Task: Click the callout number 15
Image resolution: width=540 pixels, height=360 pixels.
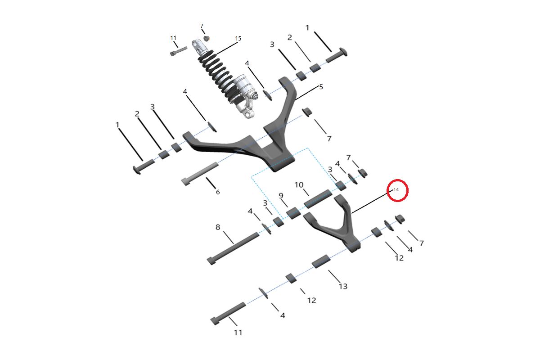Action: point(238,38)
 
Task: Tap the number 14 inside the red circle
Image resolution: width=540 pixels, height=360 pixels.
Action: point(396,190)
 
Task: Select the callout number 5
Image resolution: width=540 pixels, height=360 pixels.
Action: point(321,87)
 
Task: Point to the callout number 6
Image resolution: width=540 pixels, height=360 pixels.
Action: point(218,192)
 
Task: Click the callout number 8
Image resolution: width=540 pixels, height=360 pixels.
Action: point(218,227)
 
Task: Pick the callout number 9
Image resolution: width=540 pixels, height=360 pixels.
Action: point(281,196)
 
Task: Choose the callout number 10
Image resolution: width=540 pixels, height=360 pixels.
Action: point(299,184)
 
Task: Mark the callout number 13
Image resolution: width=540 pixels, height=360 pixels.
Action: point(343,286)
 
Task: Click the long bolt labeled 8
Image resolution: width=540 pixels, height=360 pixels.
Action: point(233,248)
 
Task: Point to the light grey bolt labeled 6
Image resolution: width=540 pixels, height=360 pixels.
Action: point(200,174)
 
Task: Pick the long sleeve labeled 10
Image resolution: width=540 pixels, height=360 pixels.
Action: point(318,199)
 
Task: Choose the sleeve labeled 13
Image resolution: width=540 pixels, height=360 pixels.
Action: point(321,261)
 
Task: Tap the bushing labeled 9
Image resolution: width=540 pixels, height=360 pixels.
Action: point(293,213)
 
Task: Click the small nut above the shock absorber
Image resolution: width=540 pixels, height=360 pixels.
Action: point(206,38)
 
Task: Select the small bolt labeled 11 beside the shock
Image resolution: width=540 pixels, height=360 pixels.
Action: point(179,51)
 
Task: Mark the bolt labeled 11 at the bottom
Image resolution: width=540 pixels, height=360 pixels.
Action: point(228,314)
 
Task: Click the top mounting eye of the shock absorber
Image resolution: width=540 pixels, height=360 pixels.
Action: point(197,46)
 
